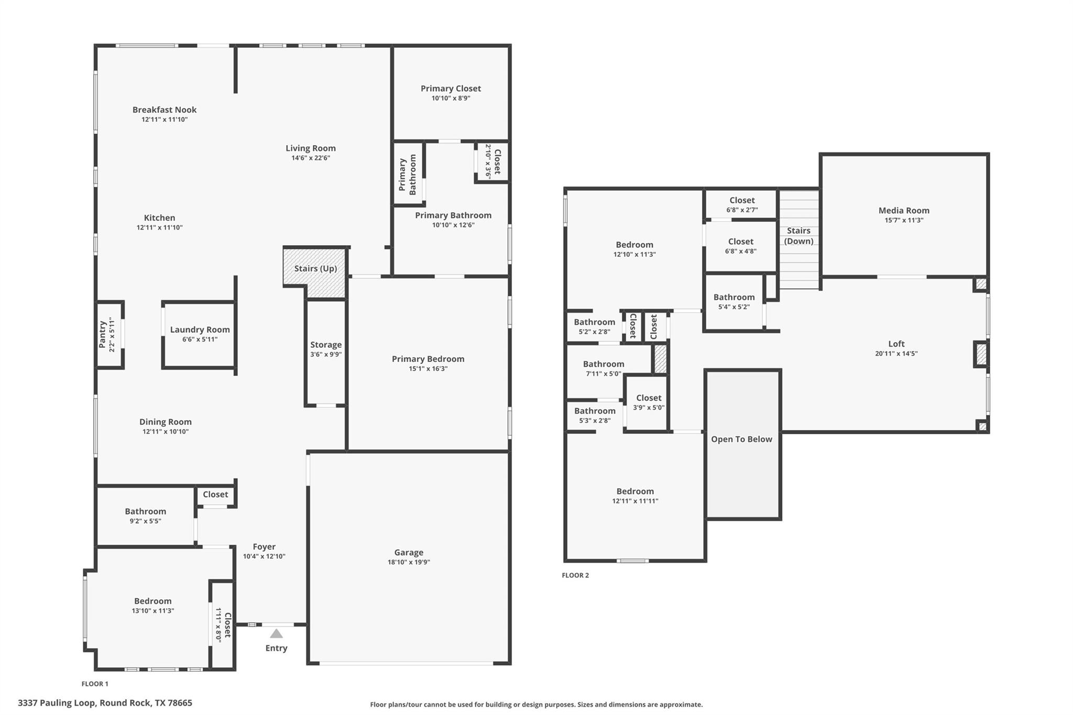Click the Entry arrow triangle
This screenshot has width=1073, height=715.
(x=276, y=634)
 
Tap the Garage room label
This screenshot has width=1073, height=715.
(x=409, y=552)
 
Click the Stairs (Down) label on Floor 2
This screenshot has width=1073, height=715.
(x=798, y=236)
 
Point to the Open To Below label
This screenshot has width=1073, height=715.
(x=741, y=439)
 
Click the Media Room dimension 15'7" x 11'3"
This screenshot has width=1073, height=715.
(x=904, y=221)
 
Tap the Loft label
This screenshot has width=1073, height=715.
(x=896, y=344)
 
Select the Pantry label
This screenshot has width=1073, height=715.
(x=103, y=334)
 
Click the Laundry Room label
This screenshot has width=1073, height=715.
(x=200, y=329)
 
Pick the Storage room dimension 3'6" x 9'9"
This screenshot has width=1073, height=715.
(x=326, y=354)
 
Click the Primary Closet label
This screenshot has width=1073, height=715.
(x=451, y=89)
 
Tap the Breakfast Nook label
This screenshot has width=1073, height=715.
(x=165, y=109)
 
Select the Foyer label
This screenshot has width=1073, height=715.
(x=264, y=546)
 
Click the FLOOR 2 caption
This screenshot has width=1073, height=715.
(x=575, y=575)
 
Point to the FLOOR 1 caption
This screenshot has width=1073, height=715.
(x=95, y=684)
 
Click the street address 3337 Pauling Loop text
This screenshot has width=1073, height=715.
(x=105, y=703)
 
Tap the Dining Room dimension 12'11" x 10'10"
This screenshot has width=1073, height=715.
(x=166, y=432)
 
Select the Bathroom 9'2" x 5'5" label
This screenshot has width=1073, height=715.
(x=145, y=511)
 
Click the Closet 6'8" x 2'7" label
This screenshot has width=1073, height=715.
(x=742, y=200)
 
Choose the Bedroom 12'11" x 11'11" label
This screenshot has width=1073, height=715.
(x=635, y=491)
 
